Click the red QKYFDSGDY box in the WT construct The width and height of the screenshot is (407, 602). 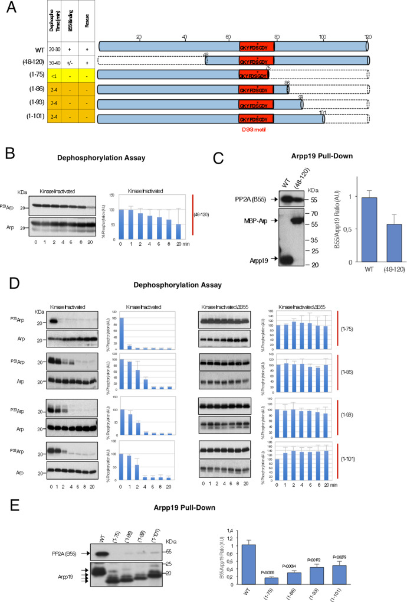257,46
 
